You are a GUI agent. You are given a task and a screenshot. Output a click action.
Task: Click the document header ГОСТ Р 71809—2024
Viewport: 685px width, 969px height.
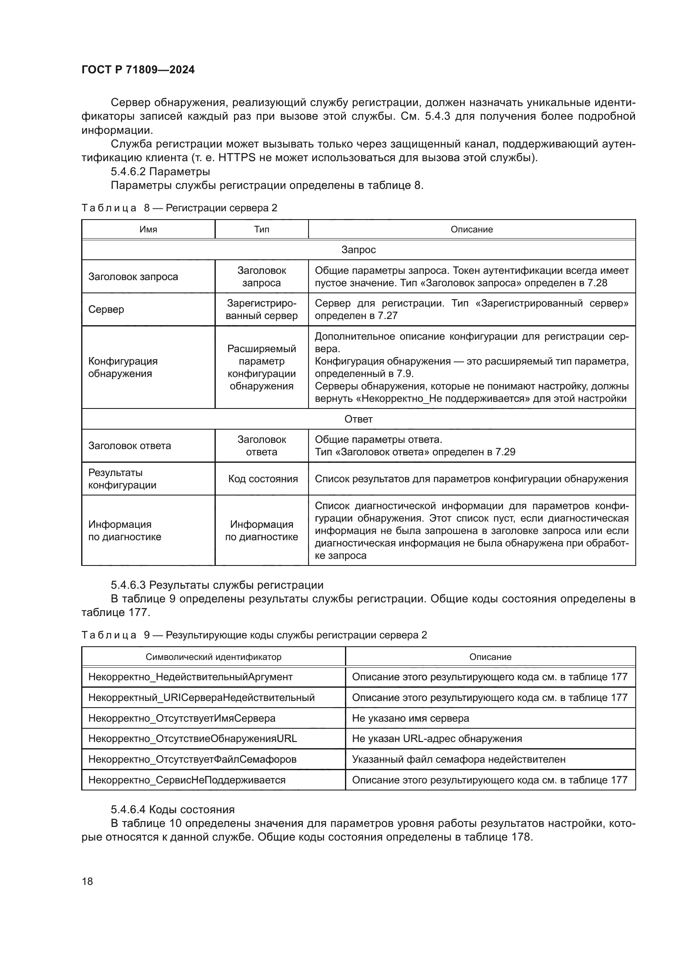138,70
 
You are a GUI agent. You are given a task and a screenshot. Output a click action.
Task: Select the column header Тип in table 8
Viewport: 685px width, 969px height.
261,229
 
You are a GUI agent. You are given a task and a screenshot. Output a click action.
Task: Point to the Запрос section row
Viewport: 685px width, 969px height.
358,250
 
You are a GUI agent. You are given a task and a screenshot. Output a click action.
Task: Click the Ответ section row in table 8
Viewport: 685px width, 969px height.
358,419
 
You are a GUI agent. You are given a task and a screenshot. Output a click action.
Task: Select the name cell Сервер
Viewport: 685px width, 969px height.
106,309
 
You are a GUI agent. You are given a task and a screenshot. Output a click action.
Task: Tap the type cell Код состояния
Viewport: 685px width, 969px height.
263,478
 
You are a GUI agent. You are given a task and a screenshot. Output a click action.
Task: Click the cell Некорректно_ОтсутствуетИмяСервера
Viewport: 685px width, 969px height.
182,718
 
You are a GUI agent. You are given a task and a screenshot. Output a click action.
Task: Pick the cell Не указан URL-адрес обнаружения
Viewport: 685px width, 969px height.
437,739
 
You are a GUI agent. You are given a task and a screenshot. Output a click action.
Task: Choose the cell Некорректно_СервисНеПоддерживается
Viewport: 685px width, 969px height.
187,780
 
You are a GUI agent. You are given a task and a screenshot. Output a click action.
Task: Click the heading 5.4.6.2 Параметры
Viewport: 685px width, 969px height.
160,172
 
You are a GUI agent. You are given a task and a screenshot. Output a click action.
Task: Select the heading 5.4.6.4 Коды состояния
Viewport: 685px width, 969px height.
173,810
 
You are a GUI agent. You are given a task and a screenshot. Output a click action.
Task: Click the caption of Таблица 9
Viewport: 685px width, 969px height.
254,635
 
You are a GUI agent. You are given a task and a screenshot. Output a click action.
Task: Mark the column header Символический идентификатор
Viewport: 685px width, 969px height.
213,657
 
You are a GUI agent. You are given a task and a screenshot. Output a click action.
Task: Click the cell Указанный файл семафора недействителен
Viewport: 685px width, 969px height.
458,759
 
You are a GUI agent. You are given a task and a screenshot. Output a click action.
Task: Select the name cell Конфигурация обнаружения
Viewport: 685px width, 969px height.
123,367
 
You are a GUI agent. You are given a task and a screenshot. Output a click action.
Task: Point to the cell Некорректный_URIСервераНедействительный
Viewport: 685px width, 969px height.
201,698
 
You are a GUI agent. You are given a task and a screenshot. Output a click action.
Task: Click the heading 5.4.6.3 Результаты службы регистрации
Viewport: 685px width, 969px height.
217,585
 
